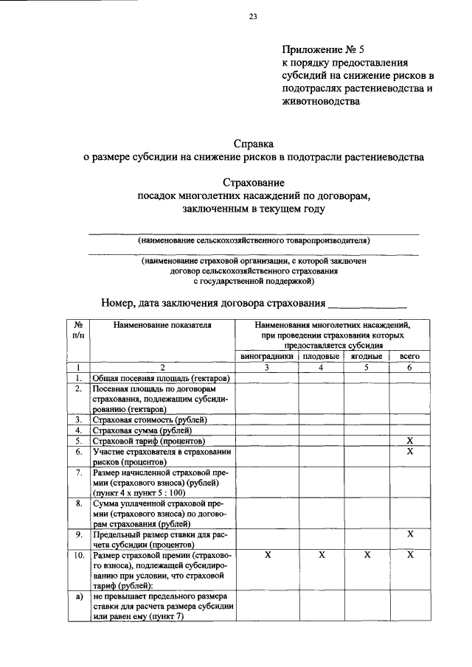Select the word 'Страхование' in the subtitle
253,182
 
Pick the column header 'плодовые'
322,356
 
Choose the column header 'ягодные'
366,356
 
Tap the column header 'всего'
409,356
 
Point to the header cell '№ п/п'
77,329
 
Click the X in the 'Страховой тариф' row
409,441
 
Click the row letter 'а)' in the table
77,596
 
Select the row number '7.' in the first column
77,472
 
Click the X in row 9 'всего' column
409,534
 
